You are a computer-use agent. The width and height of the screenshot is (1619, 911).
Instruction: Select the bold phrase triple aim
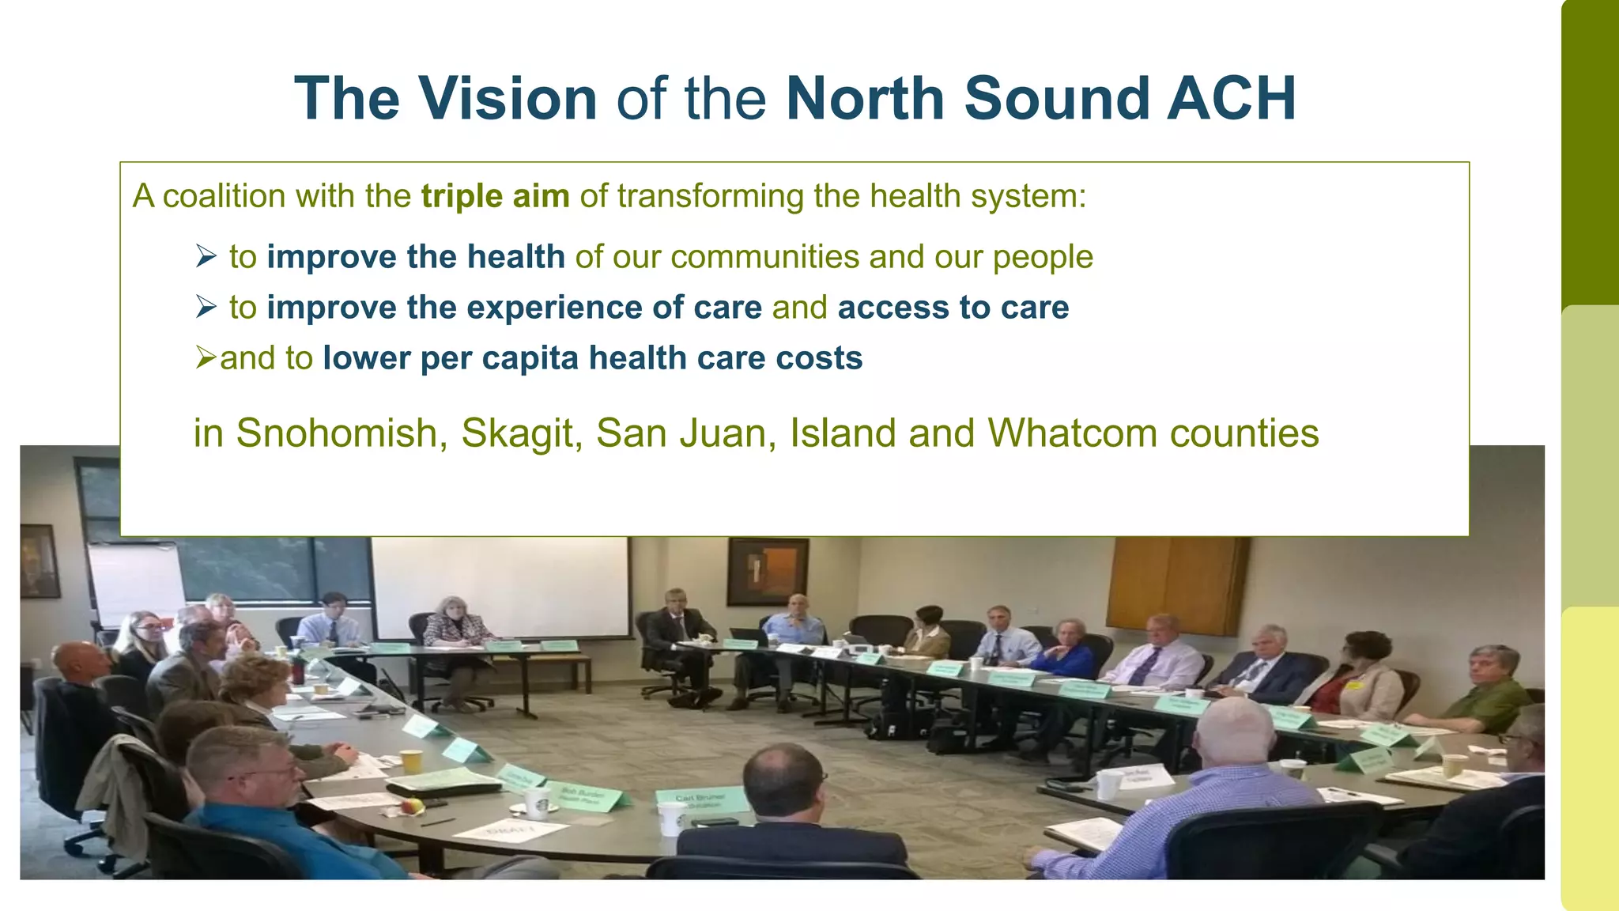point(495,196)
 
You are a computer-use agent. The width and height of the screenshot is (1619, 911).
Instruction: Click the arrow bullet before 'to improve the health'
point(206,256)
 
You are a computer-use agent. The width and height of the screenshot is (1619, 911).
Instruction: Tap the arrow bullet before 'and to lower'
point(206,358)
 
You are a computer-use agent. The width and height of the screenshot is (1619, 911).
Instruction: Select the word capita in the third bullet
point(530,358)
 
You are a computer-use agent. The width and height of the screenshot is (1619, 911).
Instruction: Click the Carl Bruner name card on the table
point(700,799)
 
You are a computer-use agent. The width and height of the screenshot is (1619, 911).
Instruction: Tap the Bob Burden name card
point(586,795)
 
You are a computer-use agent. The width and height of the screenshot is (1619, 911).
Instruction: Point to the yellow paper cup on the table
point(411,762)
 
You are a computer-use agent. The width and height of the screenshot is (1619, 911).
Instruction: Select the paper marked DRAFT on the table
point(511,830)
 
